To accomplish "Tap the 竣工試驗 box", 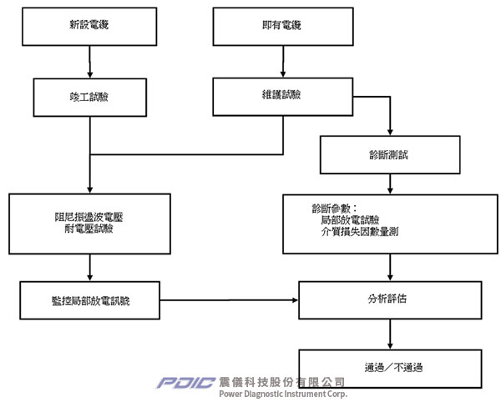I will point(89,97).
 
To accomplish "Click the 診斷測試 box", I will point(390,154).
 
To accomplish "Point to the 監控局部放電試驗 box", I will point(90,299).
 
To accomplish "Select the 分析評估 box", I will point(390,299).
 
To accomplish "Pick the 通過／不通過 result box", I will point(390,366).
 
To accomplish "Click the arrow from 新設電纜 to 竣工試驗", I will point(89,62).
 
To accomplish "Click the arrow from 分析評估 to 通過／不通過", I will point(390,334).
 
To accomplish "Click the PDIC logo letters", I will point(186,383).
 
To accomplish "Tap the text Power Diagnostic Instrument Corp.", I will point(281,393).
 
